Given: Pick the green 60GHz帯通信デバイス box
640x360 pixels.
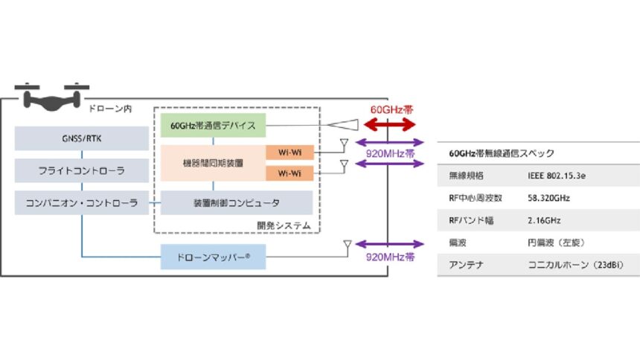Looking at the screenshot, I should click(x=214, y=125).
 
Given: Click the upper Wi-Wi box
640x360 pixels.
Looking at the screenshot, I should click(x=290, y=152).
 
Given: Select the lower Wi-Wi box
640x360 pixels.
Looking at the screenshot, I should click(x=290, y=174).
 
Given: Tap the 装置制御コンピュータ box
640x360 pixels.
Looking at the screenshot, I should click(x=237, y=202).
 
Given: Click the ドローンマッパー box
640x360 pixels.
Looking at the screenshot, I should click(x=214, y=257).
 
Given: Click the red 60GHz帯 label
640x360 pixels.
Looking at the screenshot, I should click(x=391, y=109).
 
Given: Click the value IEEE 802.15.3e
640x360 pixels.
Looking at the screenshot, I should click(x=555, y=176).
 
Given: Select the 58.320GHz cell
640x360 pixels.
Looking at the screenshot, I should click(x=550, y=198).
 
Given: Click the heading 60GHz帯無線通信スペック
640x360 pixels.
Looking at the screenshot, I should click(x=502, y=153).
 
